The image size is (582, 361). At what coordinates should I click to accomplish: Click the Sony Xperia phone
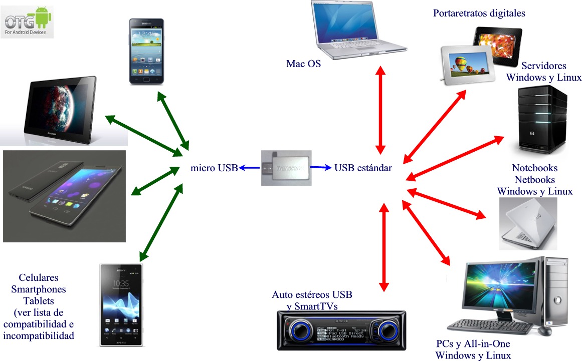(x=121, y=304)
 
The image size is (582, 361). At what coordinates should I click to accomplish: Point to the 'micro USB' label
(x=214, y=168)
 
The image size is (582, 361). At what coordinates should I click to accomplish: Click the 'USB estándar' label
(x=363, y=168)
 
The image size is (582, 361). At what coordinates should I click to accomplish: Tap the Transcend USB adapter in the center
(x=286, y=168)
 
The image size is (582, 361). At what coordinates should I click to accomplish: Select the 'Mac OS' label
(x=303, y=64)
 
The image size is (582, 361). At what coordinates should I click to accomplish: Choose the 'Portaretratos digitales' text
(x=479, y=14)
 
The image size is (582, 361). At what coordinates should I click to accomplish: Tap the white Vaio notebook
(x=528, y=223)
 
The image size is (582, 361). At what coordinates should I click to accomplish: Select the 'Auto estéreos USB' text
(x=315, y=295)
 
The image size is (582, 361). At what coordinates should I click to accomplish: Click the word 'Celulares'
(x=39, y=277)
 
